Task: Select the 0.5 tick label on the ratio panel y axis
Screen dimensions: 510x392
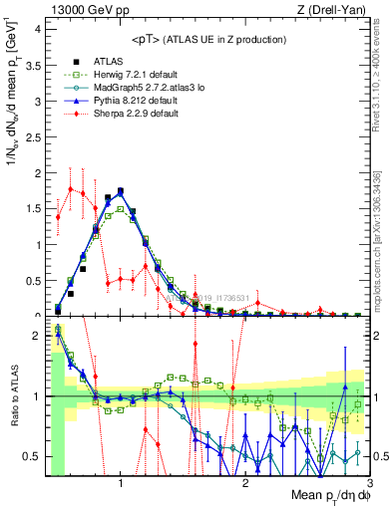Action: pyautogui.click(x=32, y=456)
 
